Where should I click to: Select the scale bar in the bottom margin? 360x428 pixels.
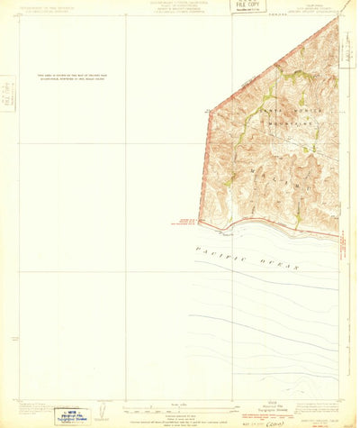click(180, 407)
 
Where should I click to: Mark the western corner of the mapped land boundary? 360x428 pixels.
click(199, 220)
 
